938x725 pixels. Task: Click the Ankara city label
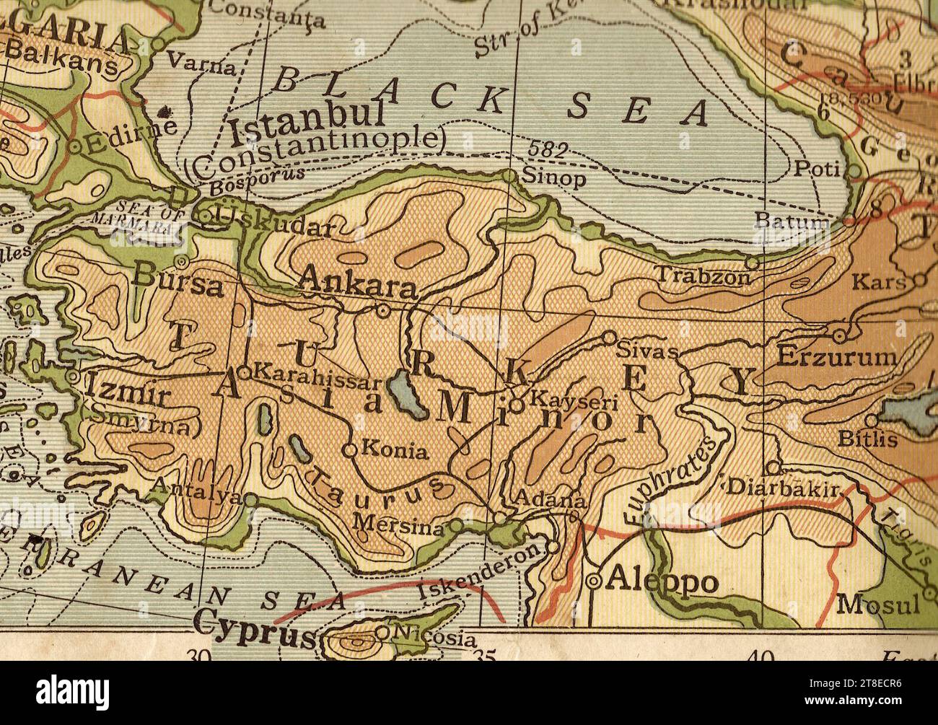358,281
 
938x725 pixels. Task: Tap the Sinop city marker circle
509,175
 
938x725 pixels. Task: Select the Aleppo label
662,581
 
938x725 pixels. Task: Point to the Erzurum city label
837,357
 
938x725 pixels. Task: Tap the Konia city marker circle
350,450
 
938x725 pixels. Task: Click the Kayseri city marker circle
517,405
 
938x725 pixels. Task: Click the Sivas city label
648,352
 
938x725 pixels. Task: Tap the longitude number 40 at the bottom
761,656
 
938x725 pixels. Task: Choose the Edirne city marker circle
74,147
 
